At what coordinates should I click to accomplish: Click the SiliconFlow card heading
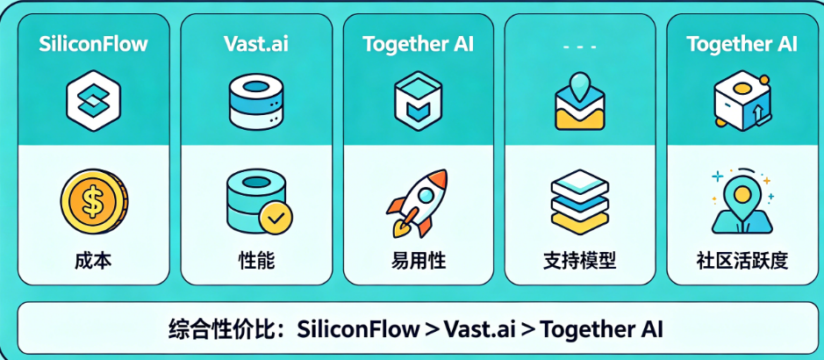click(94, 44)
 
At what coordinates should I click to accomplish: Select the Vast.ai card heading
click(256, 44)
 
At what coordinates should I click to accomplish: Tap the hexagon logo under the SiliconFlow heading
click(94, 102)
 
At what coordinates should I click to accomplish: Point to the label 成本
click(94, 261)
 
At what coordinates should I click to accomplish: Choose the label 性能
click(256, 261)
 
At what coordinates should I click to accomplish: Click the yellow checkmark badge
click(276, 218)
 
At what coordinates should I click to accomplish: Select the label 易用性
click(419, 261)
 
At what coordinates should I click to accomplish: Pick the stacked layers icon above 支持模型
click(580, 202)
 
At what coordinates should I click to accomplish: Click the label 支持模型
click(580, 261)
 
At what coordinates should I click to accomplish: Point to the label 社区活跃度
click(742, 261)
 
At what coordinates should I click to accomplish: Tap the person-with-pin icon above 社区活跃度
click(742, 201)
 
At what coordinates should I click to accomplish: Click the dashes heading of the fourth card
click(580, 47)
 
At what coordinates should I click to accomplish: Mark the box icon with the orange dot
click(742, 102)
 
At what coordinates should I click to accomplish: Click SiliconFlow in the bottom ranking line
click(358, 329)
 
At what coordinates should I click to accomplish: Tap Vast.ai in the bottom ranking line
click(480, 329)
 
